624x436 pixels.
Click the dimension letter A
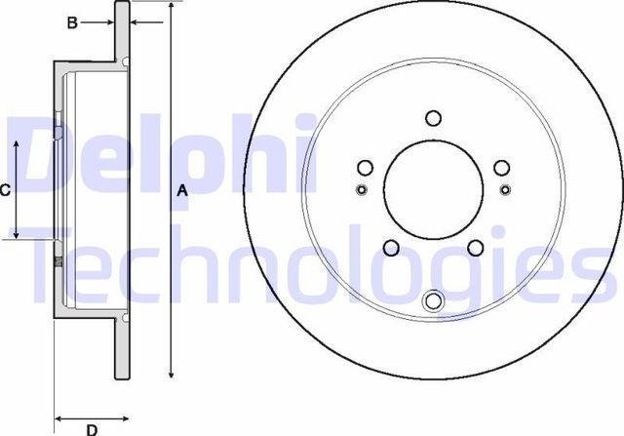point(181,192)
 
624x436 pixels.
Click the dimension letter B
point(71,22)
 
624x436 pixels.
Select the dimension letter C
point(5,190)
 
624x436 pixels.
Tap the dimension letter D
point(92,428)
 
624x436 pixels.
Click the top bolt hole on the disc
point(434,119)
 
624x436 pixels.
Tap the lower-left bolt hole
point(391,248)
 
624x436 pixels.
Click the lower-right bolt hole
point(476,248)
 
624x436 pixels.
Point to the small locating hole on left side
point(362,189)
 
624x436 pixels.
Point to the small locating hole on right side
point(505,189)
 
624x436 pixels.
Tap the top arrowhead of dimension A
point(172,6)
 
